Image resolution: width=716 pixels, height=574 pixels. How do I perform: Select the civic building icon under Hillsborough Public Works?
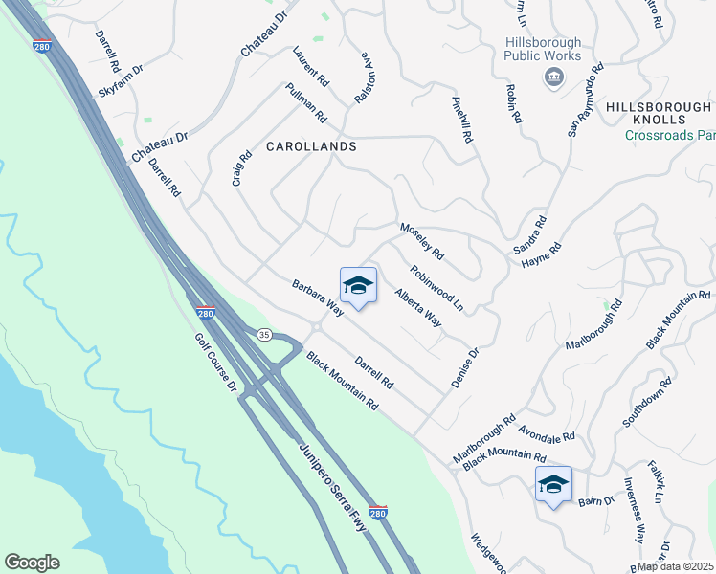(552, 77)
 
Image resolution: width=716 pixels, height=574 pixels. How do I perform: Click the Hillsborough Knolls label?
(659, 113)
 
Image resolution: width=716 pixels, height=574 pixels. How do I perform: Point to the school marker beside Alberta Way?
(358, 286)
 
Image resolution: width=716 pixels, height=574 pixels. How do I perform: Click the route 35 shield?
(264, 334)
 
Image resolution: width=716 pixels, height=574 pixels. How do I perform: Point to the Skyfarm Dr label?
(120, 82)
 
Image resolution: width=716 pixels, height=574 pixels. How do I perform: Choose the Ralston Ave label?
(364, 77)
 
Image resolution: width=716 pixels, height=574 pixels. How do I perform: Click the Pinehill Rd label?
(463, 119)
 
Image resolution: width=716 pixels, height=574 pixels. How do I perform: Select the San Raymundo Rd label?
(585, 99)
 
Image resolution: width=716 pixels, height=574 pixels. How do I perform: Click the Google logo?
(32, 563)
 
